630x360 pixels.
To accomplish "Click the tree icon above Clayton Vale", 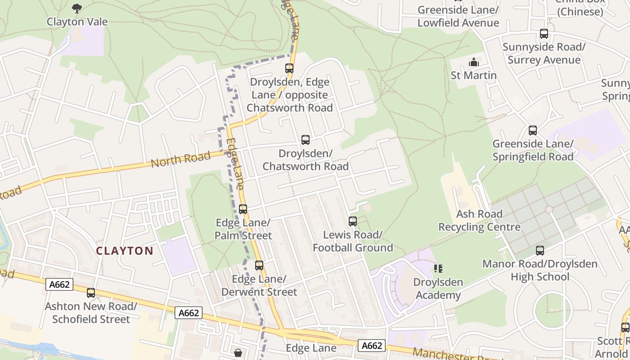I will point(77,8).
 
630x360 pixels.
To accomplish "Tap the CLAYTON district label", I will point(125,251).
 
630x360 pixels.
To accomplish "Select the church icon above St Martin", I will point(474,62).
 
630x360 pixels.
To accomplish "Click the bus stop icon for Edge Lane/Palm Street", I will point(243,209).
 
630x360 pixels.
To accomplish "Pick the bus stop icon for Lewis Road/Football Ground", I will point(353,221).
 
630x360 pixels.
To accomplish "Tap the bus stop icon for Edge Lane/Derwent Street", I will point(259,265).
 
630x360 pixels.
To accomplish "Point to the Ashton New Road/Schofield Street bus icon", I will point(91,293).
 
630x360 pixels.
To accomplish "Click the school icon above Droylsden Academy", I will point(438,269).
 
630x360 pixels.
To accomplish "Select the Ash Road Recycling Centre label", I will point(479,220).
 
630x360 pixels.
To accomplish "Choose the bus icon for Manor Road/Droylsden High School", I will point(540,251).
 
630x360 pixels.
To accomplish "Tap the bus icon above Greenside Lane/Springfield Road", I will point(533,130).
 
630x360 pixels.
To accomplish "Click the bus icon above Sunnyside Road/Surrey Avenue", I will point(544,34).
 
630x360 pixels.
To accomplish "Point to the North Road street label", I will point(180,159).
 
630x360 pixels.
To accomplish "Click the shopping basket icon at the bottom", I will point(238,352).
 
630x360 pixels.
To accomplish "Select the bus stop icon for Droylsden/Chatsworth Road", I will point(306,140).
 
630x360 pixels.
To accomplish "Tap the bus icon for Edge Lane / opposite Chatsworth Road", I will point(289,68).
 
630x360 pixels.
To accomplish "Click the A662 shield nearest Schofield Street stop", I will point(59,284).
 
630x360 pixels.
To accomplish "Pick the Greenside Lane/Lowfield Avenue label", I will point(458,16).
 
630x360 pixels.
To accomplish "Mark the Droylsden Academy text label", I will point(438,289).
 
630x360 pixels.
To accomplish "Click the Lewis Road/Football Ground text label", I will point(353,241).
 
